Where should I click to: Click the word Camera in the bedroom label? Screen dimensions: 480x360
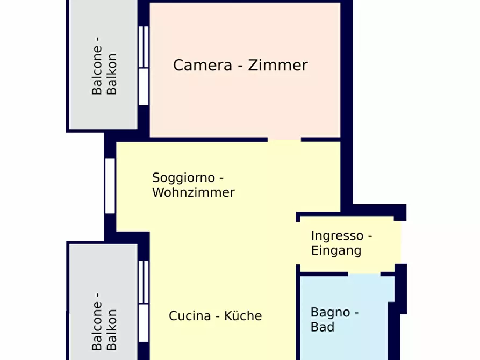203,65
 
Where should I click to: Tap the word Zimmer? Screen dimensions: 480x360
278,65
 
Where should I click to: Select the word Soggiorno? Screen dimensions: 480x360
184,178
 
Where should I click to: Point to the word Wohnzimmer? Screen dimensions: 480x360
194,192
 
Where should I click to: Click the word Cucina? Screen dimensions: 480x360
190,316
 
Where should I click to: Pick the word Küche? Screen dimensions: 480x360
243,315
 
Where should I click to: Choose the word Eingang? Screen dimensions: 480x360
336,251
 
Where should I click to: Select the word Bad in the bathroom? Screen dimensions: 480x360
323,327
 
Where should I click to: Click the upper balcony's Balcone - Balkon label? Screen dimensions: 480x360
104,66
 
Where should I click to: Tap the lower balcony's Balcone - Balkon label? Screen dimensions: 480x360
104,321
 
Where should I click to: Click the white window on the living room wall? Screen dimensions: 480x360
110,186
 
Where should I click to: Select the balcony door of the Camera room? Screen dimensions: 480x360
144,66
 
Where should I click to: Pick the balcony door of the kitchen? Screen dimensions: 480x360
144,301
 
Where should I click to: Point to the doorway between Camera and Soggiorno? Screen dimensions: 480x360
284,140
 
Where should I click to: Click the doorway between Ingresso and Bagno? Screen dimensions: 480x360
364,273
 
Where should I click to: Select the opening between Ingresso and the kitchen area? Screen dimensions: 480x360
298,243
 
